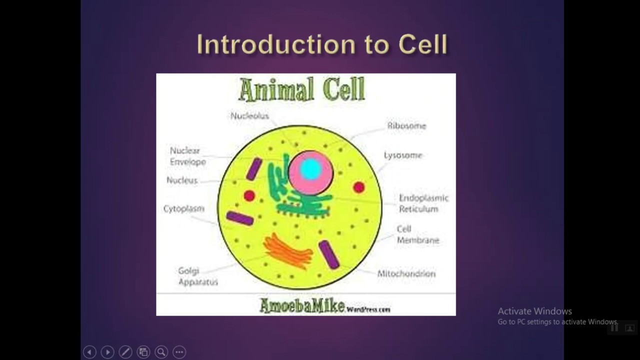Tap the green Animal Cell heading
pos(301,90)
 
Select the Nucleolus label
pos(249,116)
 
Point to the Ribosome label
pos(406,126)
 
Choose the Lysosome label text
pos(403,155)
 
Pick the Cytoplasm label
pos(184,209)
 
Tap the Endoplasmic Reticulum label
pos(423,203)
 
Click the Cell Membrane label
pos(417,234)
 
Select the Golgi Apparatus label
pos(198,276)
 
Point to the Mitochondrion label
pos(406,274)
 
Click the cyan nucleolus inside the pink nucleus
pos(310,169)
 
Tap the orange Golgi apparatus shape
pos(287,250)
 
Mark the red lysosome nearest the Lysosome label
pos(358,187)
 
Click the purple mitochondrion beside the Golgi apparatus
pos(329,254)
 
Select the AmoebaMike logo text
pos(302,305)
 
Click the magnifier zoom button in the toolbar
pos(161,352)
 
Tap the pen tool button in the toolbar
pos(125,352)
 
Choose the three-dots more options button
pos(179,352)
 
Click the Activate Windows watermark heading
pos(534,311)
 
